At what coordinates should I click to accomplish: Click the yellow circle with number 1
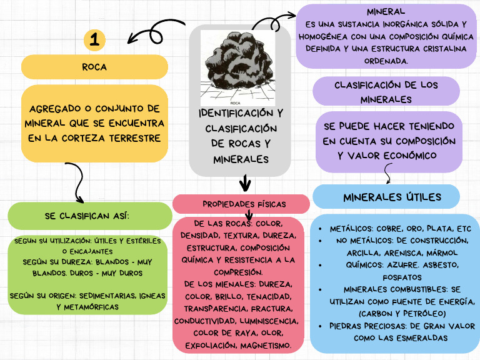[x=94, y=41]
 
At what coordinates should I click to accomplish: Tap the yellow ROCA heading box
[x=94, y=66]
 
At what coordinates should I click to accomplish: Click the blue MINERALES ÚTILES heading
[x=392, y=197]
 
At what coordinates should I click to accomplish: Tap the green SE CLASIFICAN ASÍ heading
[x=87, y=216]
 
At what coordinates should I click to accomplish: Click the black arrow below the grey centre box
[x=245, y=183]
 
